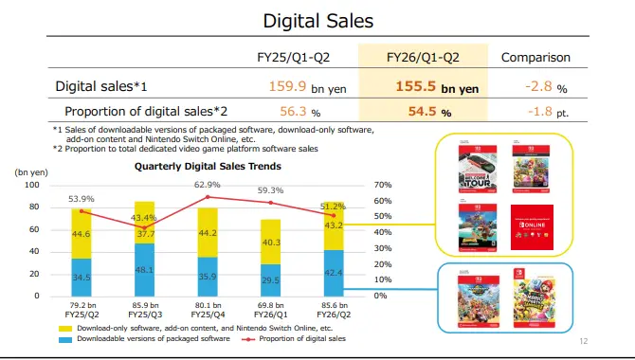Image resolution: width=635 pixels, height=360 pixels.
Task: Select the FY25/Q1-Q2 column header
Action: [297, 57]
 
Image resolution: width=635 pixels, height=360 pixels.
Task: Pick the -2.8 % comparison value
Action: [541, 86]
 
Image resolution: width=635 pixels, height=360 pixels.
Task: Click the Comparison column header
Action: [535, 57]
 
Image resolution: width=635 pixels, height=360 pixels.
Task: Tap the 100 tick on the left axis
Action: [33, 184]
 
